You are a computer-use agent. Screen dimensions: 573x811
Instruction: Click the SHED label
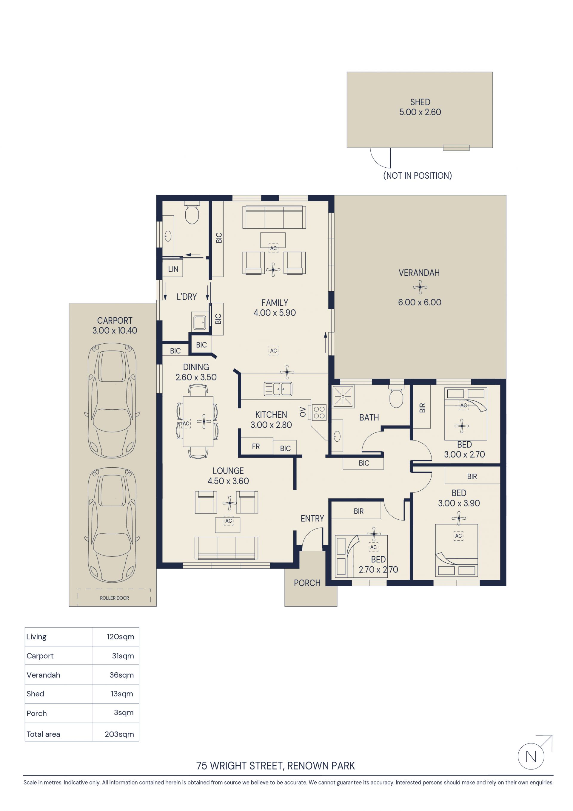420,102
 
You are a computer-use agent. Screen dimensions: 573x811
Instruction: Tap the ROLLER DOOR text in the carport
114,598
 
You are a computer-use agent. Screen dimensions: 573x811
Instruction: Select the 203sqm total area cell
119,734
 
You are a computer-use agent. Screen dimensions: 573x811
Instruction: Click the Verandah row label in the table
43,675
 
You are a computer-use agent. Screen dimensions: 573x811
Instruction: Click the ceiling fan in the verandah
420,287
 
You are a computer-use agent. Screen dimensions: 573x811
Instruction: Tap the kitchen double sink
278,389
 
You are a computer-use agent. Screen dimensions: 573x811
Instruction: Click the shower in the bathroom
343,397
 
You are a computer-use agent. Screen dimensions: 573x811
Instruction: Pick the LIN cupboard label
173,269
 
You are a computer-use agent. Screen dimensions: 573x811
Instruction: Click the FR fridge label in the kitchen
256,446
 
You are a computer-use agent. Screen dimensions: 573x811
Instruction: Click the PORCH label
307,583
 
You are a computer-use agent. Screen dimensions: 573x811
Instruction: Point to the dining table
198,422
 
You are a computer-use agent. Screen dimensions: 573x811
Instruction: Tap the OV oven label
303,412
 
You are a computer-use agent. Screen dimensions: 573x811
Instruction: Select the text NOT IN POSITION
418,175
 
